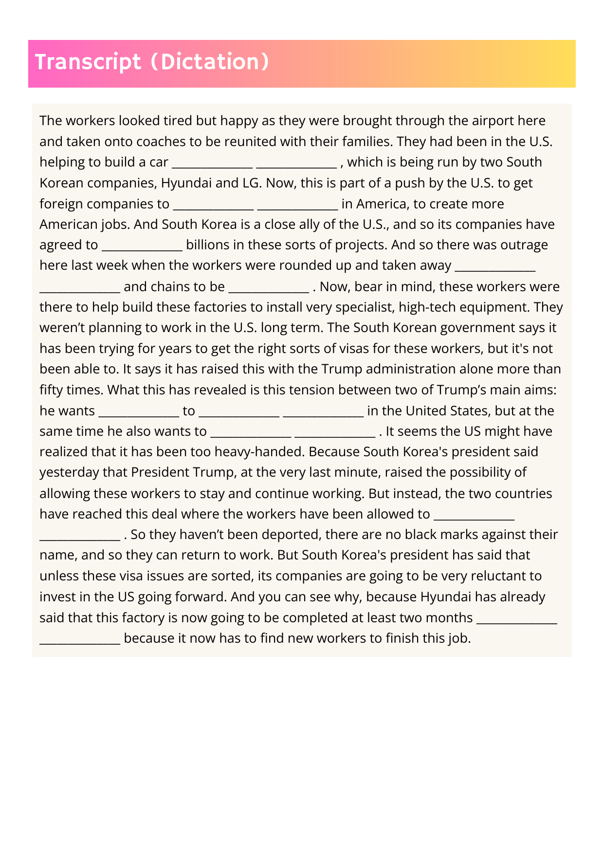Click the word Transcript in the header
tap(88, 62)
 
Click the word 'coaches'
tap(161, 142)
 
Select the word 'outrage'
tap(523, 245)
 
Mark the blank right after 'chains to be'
tap(269, 287)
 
